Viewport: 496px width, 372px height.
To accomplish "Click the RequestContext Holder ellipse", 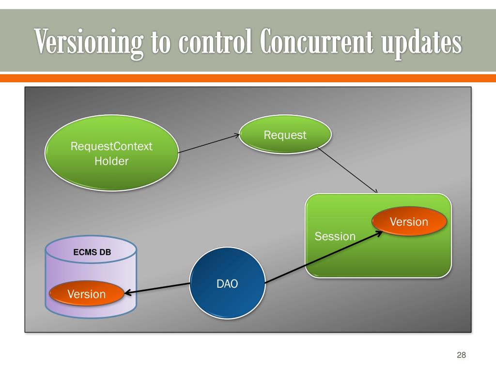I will tap(111, 153).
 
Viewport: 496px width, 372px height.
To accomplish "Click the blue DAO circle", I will tap(227, 284).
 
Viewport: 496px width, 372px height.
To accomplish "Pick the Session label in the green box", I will tap(335, 237).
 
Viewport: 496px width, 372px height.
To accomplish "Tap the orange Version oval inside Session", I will tap(409, 222).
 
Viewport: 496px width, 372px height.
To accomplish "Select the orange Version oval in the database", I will tap(86, 294).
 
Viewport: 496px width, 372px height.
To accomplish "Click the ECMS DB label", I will tap(92, 252).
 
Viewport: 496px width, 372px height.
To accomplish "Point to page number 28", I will tap(461, 356).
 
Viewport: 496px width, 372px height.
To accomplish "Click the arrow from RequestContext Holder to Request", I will tap(208, 144).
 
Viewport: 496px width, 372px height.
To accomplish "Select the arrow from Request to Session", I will tap(347, 170).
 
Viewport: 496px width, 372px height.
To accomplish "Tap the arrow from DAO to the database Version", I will tap(157, 289).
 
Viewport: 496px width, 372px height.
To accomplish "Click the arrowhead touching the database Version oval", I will tap(127, 293).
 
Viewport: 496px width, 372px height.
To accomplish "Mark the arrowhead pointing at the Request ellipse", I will tap(237, 136).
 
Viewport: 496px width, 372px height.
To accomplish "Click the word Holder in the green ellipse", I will tap(111, 161).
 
